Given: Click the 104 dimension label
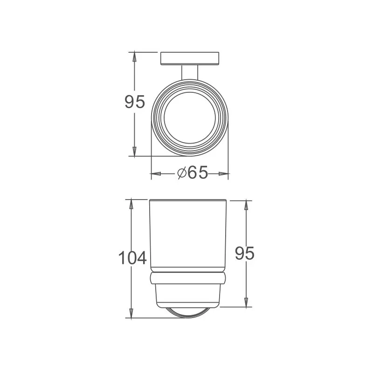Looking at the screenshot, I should coord(132,258).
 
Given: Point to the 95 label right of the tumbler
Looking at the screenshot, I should coord(245,254).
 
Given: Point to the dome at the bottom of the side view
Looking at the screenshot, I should coord(189,313).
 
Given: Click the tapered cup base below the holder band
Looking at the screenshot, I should coord(189,296).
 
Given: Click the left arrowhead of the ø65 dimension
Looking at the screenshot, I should coord(154,174).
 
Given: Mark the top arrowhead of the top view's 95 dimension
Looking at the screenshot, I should coord(135,56).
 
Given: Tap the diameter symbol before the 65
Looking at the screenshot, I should coord(182,173).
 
